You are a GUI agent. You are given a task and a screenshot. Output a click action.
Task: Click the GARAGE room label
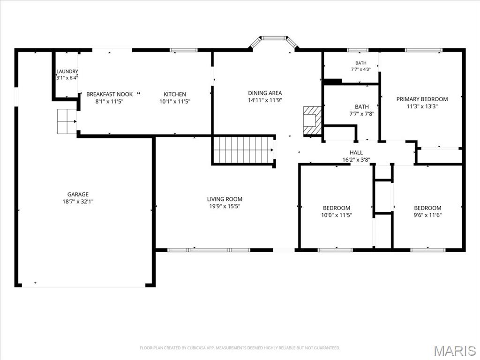[78, 195]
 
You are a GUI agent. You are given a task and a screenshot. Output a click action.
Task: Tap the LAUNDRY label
[67, 71]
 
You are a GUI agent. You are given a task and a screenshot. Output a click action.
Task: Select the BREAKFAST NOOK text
[109, 94]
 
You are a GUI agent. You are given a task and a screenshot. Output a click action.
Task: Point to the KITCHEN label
[174, 94]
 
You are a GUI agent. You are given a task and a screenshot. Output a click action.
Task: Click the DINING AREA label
[265, 93]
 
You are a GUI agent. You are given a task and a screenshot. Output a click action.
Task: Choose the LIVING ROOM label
[225, 199]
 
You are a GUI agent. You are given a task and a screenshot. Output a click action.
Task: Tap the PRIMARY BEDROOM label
[422, 99]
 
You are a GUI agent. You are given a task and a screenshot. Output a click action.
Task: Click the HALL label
[356, 152]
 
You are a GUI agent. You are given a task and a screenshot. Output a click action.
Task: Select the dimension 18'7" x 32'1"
[78, 202]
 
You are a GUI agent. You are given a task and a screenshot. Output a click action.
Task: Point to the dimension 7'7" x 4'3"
[360, 69]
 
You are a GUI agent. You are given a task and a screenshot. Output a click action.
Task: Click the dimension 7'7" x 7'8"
[361, 114]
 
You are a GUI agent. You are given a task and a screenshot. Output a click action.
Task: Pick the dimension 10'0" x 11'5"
[337, 215]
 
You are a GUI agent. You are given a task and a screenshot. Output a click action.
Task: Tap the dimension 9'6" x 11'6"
[427, 215]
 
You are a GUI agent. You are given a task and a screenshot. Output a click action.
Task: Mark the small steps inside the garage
[67, 121]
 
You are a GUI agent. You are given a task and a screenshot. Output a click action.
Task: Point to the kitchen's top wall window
[184, 50]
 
